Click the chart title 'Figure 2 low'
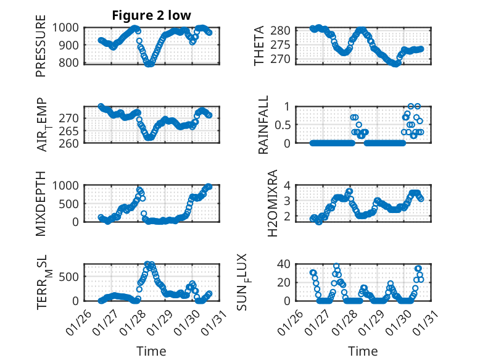(x=151, y=15)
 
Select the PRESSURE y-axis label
(x=40, y=46)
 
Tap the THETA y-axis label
(x=259, y=46)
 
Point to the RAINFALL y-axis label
(x=263, y=125)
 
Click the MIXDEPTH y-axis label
(x=40, y=204)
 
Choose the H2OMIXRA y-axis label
(x=272, y=203)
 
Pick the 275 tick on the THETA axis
(x=280, y=44)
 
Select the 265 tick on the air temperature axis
(x=68, y=131)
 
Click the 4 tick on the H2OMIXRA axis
(x=287, y=185)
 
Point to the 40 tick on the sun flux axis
(x=284, y=264)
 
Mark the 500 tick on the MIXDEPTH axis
(x=68, y=204)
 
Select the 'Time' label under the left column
(x=151, y=351)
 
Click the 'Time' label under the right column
(x=363, y=351)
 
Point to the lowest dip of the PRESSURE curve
(x=149, y=64)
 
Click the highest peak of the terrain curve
(x=147, y=264)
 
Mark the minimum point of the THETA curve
(x=395, y=64)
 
